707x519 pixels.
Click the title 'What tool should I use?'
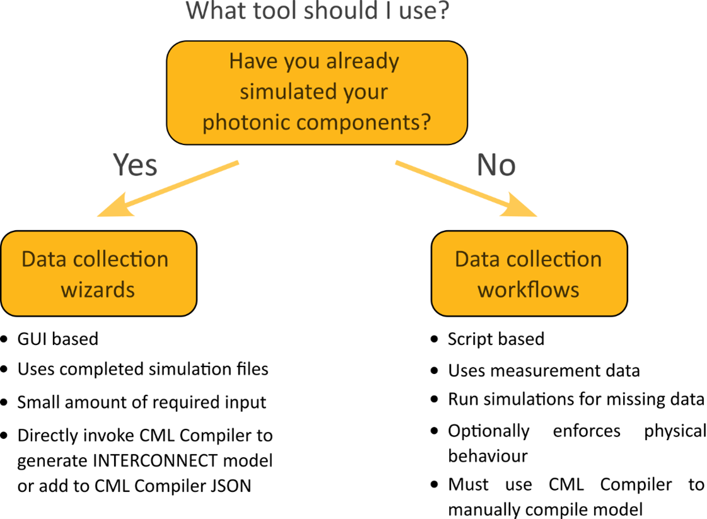317,11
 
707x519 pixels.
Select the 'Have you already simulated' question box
317,92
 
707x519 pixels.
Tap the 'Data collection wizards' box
98,274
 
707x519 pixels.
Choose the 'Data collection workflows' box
529,274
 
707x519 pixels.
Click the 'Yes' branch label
135,165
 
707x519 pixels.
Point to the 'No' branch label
496,165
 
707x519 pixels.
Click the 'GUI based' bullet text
58,339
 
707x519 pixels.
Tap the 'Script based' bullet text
496,339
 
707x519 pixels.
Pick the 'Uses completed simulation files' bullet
143,369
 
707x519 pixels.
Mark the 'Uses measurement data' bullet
544,371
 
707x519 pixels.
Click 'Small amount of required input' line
142,402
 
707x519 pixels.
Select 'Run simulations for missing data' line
576,399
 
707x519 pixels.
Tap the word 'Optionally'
489,431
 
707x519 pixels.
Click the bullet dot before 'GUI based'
6,340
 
